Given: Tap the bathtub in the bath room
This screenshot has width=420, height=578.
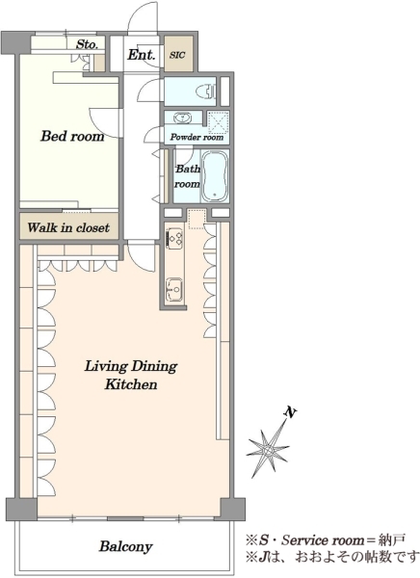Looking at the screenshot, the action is tap(216, 176).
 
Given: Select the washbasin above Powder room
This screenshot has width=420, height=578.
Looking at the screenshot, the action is tap(182, 118).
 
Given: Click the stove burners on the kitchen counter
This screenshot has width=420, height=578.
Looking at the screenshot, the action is tap(174, 237).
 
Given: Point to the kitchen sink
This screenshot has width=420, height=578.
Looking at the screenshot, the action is tap(174, 289).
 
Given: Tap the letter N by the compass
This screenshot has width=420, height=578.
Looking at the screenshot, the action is tap(291, 412).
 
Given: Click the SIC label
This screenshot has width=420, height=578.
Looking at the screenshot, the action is tap(177, 55).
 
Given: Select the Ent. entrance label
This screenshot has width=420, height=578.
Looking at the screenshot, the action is tap(142, 55).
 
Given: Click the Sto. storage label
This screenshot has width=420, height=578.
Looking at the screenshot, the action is tap(87, 44).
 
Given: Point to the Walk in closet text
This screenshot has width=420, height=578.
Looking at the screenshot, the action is tap(68, 227).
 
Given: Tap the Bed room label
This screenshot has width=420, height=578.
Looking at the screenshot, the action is tap(72, 136).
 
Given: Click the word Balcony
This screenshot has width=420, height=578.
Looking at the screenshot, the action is tap(126, 546).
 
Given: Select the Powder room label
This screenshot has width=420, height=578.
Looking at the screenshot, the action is tap(197, 137).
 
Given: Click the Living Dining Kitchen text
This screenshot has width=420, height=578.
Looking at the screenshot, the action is tap(131, 376).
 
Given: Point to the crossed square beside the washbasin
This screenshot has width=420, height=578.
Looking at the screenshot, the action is tap(218, 121).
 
